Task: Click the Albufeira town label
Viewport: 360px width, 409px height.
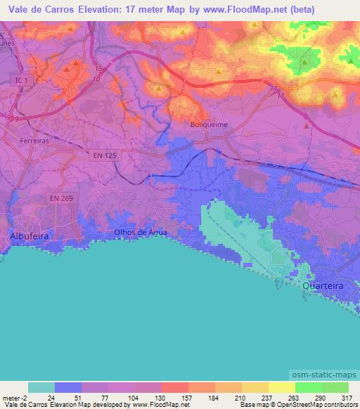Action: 29,236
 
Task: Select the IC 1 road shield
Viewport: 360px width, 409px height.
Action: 22,82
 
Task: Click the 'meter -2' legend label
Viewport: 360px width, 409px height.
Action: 15,397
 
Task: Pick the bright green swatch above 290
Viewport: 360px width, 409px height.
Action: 308,387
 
